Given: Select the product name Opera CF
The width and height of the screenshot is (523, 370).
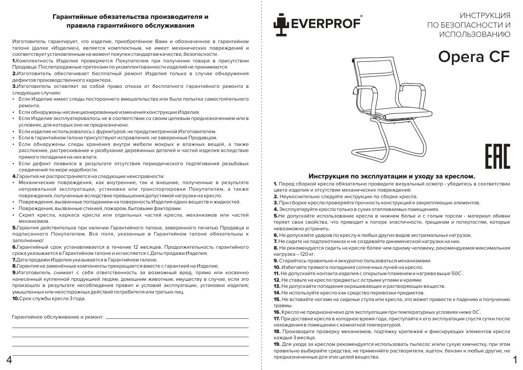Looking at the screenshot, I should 474,57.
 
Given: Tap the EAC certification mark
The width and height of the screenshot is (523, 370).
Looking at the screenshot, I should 497,156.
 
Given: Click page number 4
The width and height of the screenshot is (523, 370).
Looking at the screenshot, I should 9,360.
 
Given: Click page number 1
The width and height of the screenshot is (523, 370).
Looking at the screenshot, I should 515,360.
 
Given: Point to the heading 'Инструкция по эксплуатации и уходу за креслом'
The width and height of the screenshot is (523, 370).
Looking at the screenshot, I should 392,175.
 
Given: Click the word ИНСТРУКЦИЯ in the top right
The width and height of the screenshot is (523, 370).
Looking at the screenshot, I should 484,15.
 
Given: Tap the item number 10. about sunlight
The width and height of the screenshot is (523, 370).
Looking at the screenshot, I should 277,267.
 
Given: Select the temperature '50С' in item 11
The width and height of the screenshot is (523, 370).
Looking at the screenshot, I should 456,273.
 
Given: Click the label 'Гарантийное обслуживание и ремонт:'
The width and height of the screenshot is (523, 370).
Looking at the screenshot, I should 58,316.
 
